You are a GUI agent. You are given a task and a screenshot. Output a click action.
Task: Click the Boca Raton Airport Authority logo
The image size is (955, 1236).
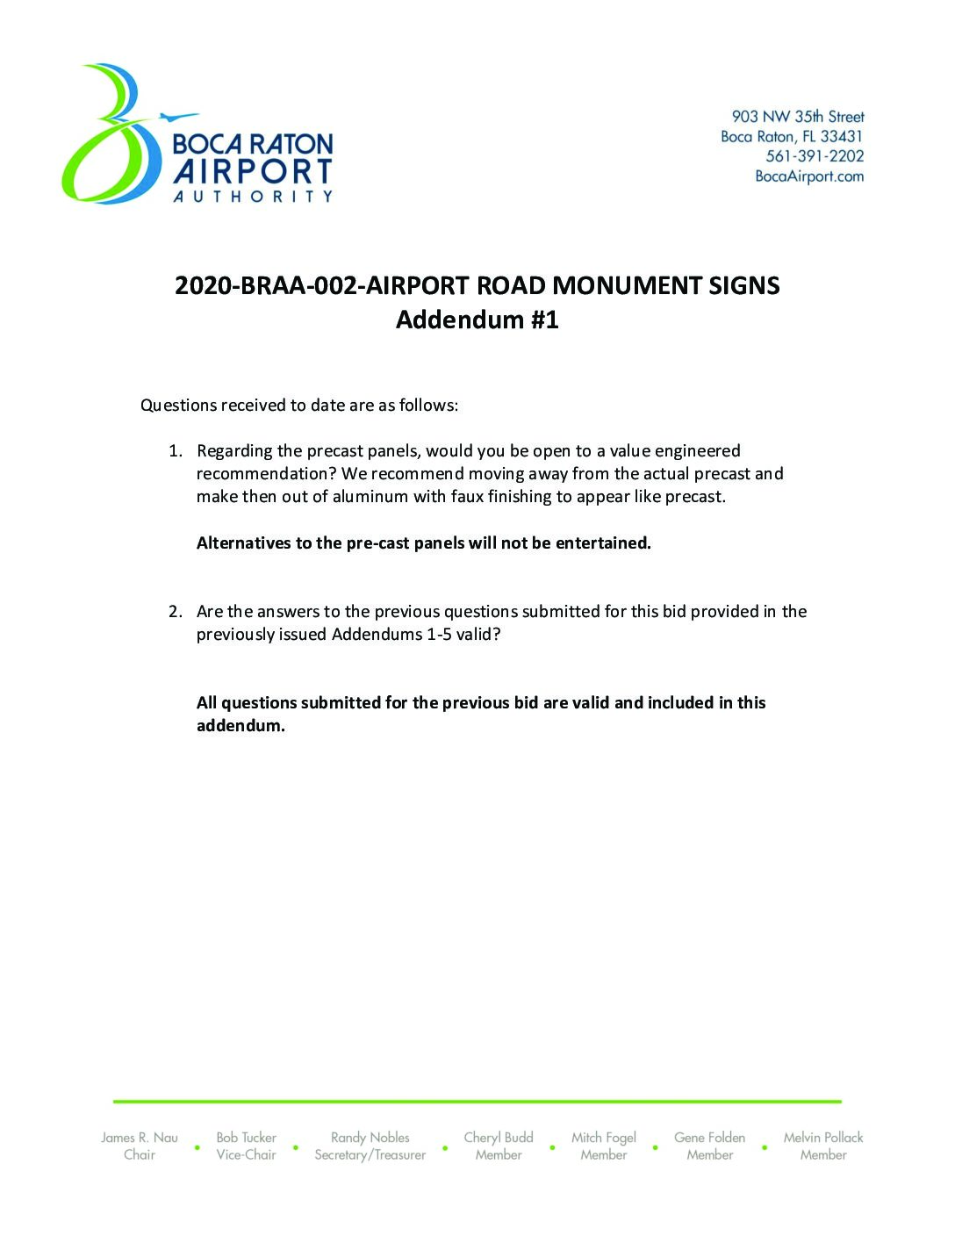(x=197, y=136)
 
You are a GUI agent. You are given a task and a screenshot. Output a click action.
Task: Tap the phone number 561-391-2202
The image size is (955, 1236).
(x=815, y=156)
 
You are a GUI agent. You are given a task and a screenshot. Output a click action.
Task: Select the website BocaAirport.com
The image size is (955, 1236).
(x=809, y=176)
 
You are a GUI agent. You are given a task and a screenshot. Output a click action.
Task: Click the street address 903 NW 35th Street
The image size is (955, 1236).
(x=798, y=117)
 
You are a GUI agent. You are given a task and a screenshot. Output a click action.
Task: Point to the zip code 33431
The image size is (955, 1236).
(x=842, y=137)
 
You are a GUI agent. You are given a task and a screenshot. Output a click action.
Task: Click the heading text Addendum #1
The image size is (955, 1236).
(x=477, y=320)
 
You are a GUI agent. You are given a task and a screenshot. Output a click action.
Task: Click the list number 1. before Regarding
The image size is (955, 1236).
(x=176, y=451)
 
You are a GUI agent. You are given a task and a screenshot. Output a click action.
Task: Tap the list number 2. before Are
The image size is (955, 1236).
(x=176, y=612)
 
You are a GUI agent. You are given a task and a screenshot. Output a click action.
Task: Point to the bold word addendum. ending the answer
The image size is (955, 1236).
(x=241, y=726)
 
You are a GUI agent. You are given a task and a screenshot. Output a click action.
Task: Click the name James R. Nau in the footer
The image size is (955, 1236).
(x=140, y=1138)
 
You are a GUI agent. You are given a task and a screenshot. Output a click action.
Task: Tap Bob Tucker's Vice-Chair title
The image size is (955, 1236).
(x=246, y=1155)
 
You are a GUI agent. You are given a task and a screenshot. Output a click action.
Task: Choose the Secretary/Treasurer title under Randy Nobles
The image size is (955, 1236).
(x=370, y=1155)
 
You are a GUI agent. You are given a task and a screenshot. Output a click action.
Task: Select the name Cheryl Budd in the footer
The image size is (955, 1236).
(x=499, y=1138)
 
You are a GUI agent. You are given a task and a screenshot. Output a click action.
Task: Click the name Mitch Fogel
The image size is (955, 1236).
(x=604, y=1138)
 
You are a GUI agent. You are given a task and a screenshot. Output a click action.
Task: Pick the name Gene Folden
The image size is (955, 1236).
(x=709, y=1138)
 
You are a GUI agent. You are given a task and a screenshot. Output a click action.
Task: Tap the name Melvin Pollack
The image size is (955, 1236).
(x=823, y=1138)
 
